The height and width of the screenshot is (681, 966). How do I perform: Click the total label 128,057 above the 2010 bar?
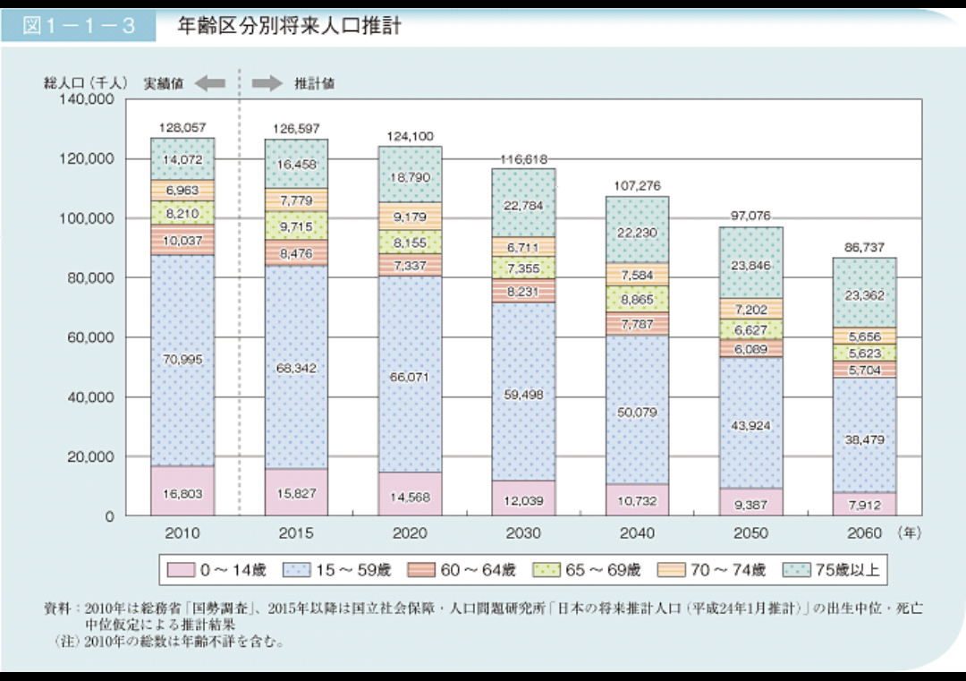point(182,128)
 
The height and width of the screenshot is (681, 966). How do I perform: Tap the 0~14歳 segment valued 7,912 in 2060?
point(863,505)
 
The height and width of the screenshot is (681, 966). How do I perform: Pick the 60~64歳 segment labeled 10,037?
point(182,240)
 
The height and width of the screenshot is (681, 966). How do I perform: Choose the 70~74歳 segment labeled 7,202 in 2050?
point(750,309)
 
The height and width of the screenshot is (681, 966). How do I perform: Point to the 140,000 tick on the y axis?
point(88,99)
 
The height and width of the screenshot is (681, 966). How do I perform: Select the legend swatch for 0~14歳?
point(181,569)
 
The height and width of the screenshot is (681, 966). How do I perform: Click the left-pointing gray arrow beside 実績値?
point(209,83)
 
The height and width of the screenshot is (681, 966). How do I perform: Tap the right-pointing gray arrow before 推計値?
point(266,83)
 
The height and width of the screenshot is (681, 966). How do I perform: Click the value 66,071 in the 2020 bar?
point(410,378)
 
